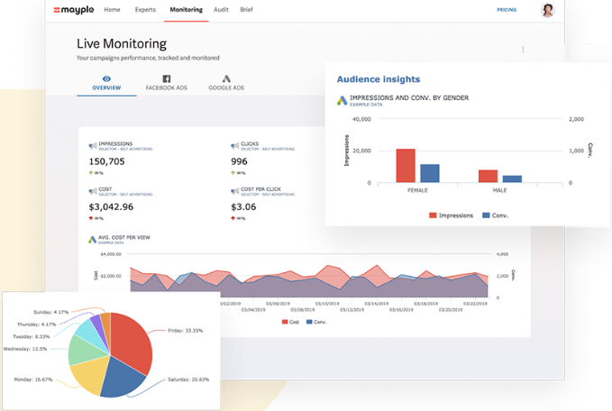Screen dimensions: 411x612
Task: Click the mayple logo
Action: pyautogui.click(x=75, y=10)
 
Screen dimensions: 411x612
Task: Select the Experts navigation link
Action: pyautogui.click(x=144, y=10)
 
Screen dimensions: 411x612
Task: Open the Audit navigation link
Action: pyautogui.click(x=221, y=10)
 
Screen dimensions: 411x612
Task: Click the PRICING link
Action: pyautogui.click(x=507, y=10)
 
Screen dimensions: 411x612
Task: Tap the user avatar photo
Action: pyautogui.click(x=547, y=10)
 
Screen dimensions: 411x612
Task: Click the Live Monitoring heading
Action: pyautogui.click(x=122, y=43)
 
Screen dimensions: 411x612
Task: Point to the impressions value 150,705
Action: pyautogui.click(x=107, y=161)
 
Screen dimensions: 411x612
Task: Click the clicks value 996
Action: pyautogui.click(x=239, y=161)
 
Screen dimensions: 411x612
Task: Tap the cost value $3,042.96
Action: pyautogui.click(x=111, y=206)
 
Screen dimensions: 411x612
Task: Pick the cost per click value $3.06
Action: pyautogui.click(x=243, y=206)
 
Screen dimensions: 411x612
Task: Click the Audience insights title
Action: pyautogui.click(x=379, y=79)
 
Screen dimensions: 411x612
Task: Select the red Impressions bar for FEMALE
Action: pyautogui.click(x=406, y=166)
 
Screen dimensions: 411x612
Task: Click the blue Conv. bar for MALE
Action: pyautogui.click(x=512, y=178)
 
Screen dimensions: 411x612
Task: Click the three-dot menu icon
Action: pyautogui.click(x=523, y=50)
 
